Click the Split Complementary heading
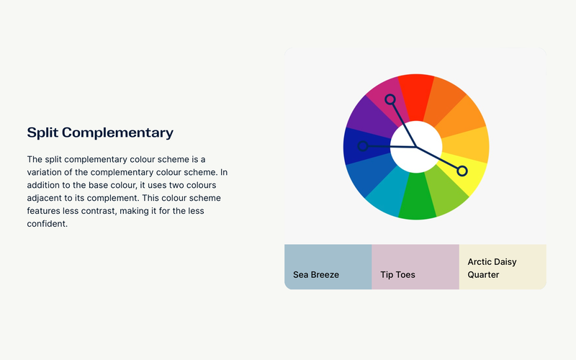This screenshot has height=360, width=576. (100, 132)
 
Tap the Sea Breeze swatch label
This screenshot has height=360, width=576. (316, 275)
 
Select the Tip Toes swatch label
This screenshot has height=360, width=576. (397, 275)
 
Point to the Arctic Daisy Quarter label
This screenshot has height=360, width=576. (492, 268)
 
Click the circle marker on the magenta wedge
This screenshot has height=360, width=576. (390, 99)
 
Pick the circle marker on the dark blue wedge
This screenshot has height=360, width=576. (363, 146)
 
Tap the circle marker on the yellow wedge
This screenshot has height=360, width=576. (462, 171)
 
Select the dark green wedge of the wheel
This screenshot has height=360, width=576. (417, 197)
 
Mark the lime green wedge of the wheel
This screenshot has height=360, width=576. (445, 192)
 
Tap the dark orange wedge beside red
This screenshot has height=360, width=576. (444, 99)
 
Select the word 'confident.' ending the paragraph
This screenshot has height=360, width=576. (48, 224)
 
